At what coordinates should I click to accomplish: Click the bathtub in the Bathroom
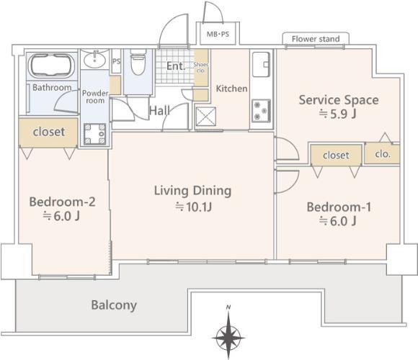(x=52, y=66)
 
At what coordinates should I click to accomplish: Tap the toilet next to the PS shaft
(x=138, y=62)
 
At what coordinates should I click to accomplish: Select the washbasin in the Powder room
(x=94, y=59)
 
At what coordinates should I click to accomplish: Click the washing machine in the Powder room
(x=94, y=134)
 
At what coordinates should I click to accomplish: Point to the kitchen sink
(x=261, y=64)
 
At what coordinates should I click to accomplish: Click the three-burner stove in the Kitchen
(x=261, y=110)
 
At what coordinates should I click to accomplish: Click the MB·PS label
(x=218, y=35)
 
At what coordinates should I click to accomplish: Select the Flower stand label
(x=316, y=39)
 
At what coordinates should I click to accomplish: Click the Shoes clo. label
(x=201, y=68)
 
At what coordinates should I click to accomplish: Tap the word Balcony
(x=114, y=305)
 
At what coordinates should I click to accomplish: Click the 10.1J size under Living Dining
(x=194, y=207)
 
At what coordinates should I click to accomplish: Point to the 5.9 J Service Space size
(x=338, y=114)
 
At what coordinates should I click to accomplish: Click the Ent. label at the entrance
(x=176, y=66)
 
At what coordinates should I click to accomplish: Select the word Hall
(x=159, y=110)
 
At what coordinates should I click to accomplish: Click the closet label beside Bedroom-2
(x=49, y=132)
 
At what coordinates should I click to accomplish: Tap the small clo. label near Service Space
(x=383, y=153)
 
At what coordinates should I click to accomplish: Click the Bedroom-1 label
(x=339, y=207)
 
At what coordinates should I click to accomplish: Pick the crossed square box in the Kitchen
(x=205, y=116)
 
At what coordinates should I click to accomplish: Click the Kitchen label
(x=231, y=89)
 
